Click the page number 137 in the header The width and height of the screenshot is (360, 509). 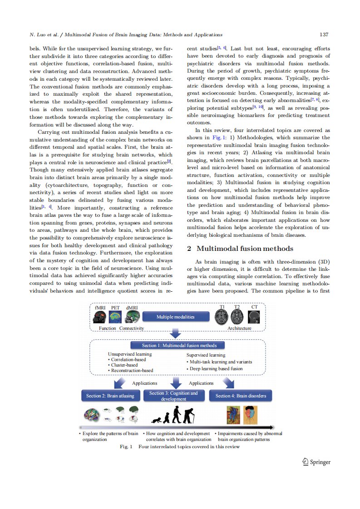pos(324,34)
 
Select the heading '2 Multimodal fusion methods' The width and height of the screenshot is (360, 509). pos(240,249)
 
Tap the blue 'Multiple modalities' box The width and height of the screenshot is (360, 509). pos(175,317)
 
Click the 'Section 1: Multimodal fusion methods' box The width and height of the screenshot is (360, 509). pos(176,345)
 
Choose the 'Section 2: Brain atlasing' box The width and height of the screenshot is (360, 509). pos(110,396)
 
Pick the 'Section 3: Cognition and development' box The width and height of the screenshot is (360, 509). pos(173,396)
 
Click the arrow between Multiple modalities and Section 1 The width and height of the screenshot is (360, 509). pos(175,334)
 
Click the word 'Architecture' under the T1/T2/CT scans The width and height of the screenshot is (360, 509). pos(239,328)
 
